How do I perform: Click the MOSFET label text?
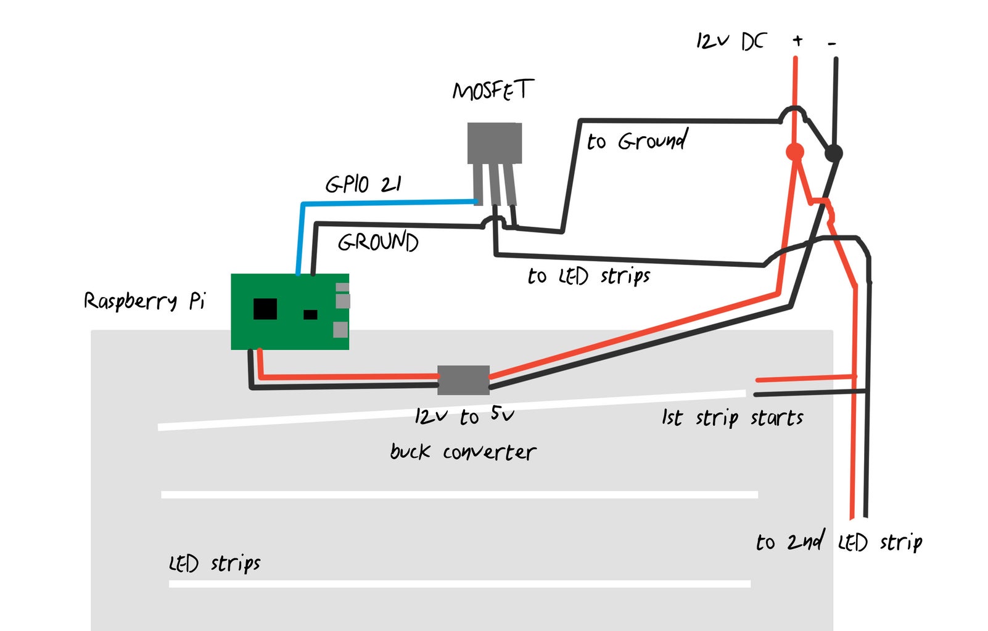tap(492, 91)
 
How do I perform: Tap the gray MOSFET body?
tap(494, 142)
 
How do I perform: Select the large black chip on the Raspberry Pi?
tap(265, 309)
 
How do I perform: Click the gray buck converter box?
tap(463, 380)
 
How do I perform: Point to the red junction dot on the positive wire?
tap(795, 152)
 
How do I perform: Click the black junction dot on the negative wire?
tap(833, 153)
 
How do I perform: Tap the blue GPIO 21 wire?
tap(382, 202)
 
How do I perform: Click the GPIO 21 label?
tap(363, 184)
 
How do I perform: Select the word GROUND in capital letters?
tap(378, 242)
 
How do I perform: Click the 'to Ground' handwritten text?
tap(637, 141)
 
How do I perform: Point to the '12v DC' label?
tap(730, 41)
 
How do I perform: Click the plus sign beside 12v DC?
tap(797, 41)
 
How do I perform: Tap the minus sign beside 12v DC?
tap(832, 43)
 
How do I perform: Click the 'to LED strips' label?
tap(589, 276)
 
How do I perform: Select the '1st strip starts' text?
tap(732, 418)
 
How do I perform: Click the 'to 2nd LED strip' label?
tap(839, 542)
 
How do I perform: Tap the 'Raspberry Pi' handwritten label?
tap(144, 301)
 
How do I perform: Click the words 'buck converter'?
tap(463, 452)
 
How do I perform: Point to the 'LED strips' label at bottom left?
tap(215, 563)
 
